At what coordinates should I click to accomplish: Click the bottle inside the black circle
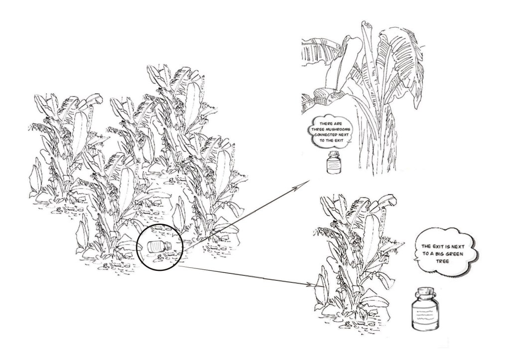click(x=159, y=246)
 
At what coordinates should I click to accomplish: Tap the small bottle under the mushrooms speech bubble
click(x=333, y=162)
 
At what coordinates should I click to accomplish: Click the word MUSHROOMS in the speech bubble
click(x=336, y=129)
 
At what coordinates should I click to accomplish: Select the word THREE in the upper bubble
click(x=317, y=129)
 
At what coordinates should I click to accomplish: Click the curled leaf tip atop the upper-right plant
click(x=368, y=24)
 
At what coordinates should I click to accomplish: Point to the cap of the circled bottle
click(x=168, y=245)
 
